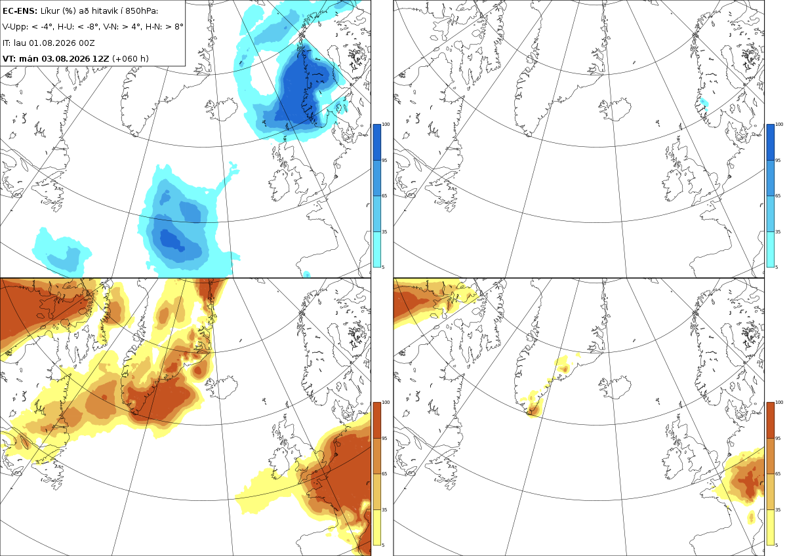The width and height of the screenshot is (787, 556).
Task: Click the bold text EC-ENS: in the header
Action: click(20, 11)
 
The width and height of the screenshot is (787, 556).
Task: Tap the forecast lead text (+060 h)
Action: click(131, 58)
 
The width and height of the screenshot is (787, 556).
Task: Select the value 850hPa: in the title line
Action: click(142, 11)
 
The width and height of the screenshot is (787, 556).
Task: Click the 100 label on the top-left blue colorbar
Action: click(386, 125)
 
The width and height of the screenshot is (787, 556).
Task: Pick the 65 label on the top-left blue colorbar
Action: click(384, 195)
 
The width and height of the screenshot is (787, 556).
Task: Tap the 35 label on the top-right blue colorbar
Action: click(778, 232)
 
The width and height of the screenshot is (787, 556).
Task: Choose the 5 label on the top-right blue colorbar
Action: click(777, 268)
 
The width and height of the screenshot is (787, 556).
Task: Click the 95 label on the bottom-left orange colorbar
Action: click(384, 439)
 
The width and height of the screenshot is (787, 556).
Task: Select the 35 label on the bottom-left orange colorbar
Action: click(384, 509)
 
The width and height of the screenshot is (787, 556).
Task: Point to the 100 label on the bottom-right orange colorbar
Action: click(779, 402)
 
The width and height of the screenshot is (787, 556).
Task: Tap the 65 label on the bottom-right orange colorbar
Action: click(778, 474)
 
